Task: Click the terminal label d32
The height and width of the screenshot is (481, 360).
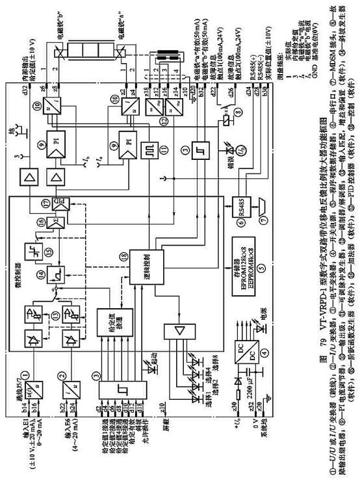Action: (x=27, y=98)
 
